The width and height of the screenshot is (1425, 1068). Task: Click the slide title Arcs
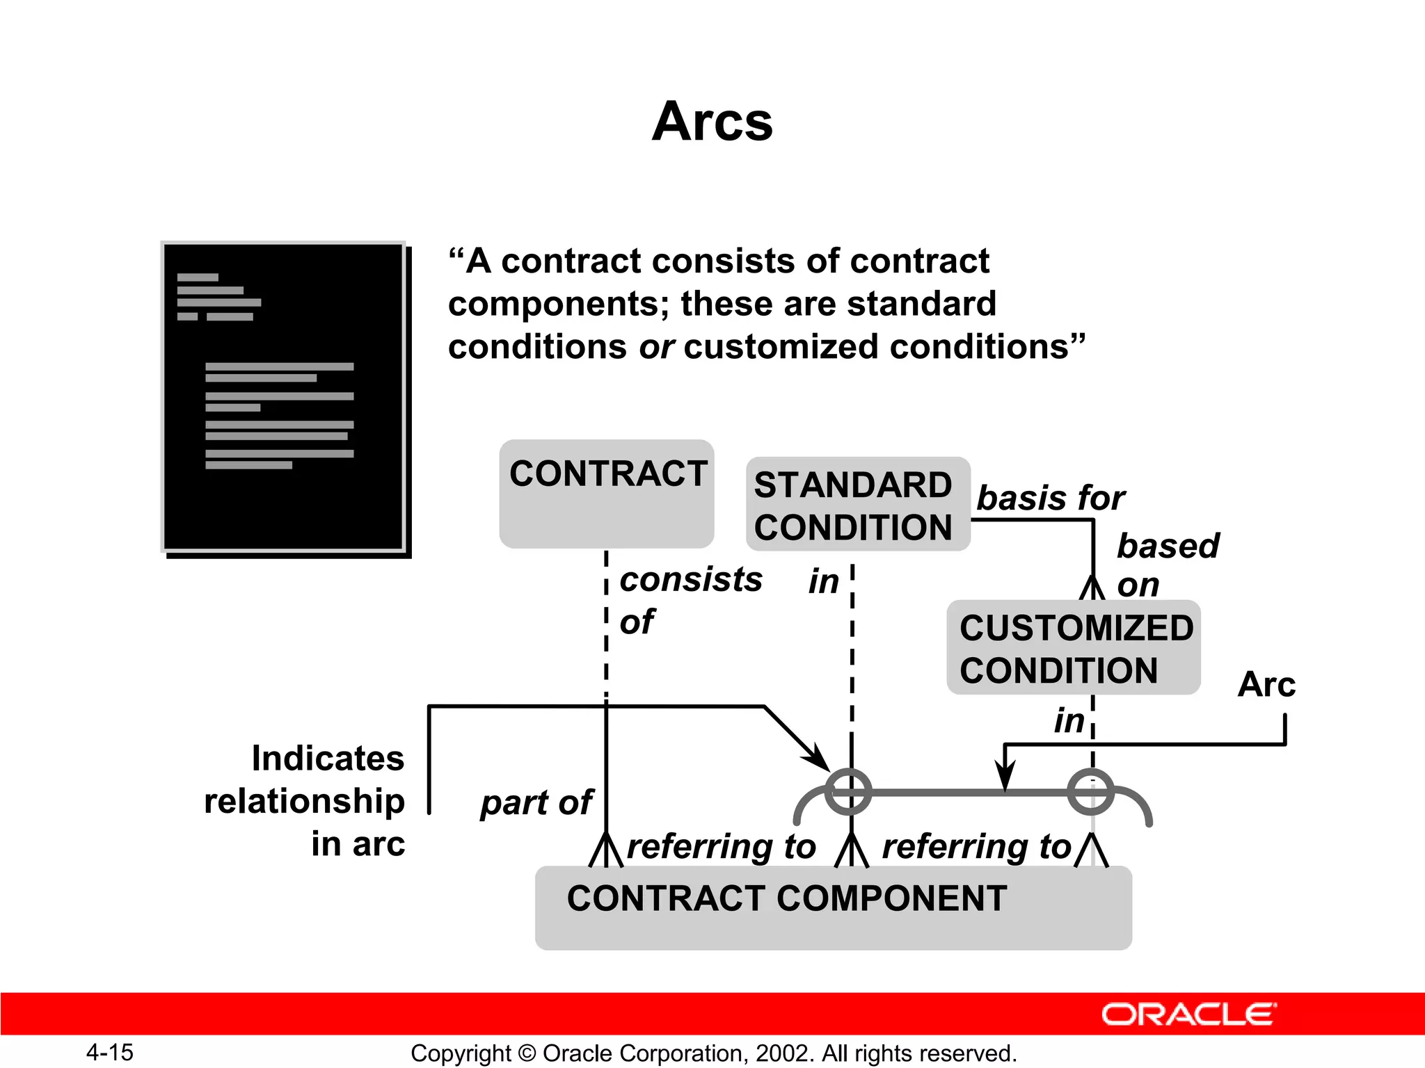click(x=712, y=122)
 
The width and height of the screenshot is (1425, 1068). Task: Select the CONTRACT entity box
click(x=607, y=494)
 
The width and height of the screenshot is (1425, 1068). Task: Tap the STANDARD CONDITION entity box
click(x=857, y=505)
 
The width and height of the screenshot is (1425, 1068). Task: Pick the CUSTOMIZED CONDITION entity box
click(x=1074, y=648)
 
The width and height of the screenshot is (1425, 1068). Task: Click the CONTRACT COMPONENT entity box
click(x=833, y=907)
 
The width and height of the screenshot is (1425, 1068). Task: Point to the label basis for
click(x=1050, y=498)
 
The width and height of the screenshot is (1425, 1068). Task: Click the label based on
click(x=1167, y=564)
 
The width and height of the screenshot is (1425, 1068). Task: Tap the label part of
click(x=536, y=803)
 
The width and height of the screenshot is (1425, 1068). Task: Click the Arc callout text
click(x=1266, y=685)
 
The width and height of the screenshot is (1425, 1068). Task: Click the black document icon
click(x=284, y=398)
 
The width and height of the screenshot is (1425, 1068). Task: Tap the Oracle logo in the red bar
click(x=1189, y=1014)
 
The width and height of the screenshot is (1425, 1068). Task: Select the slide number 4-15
click(x=109, y=1052)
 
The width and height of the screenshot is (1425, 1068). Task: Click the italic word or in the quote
click(x=655, y=347)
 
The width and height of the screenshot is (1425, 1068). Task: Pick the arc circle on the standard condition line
click(x=848, y=792)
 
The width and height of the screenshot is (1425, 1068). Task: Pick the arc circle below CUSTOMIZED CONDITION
click(x=1090, y=792)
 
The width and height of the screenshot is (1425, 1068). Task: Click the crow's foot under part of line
click(x=606, y=850)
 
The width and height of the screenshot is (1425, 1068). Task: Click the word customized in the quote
click(x=781, y=347)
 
